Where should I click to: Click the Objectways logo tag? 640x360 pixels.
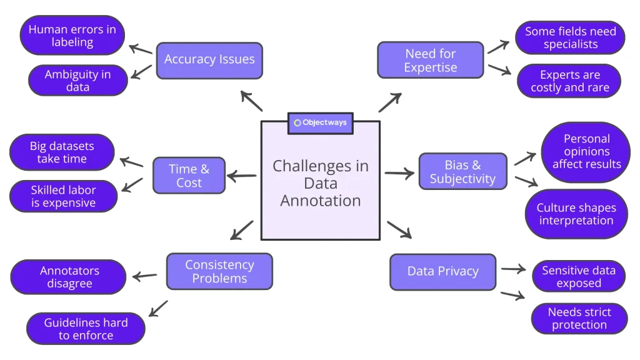coord(320,122)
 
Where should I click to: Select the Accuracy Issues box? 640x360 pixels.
coord(209,60)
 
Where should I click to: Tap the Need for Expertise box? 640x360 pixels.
coord(431,61)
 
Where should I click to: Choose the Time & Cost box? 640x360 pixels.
coord(189,176)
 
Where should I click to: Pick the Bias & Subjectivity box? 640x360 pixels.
coord(462,172)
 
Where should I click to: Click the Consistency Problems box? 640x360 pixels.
coord(219,271)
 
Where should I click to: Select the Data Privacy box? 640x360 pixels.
coord(442,271)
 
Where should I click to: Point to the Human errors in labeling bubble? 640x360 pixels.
coord(72,36)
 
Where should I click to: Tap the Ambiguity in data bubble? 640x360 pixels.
coord(77,81)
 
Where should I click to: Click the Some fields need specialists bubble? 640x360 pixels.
coord(570,37)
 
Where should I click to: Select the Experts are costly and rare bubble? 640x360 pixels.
coord(569,81)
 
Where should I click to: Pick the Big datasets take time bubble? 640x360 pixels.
coord(62,152)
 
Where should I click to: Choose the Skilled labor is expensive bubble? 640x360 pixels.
coord(63,196)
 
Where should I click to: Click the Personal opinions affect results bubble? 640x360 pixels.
coord(586,152)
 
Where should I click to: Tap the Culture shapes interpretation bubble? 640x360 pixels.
coord(576,214)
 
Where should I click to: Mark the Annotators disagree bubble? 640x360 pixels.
coord(69,277)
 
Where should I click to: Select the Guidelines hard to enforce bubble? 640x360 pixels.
coord(86,329)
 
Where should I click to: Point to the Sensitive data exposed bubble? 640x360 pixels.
coord(579,276)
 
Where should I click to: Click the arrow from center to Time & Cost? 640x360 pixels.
coord(242,177)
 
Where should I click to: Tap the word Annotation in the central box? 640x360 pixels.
coord(320,201)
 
